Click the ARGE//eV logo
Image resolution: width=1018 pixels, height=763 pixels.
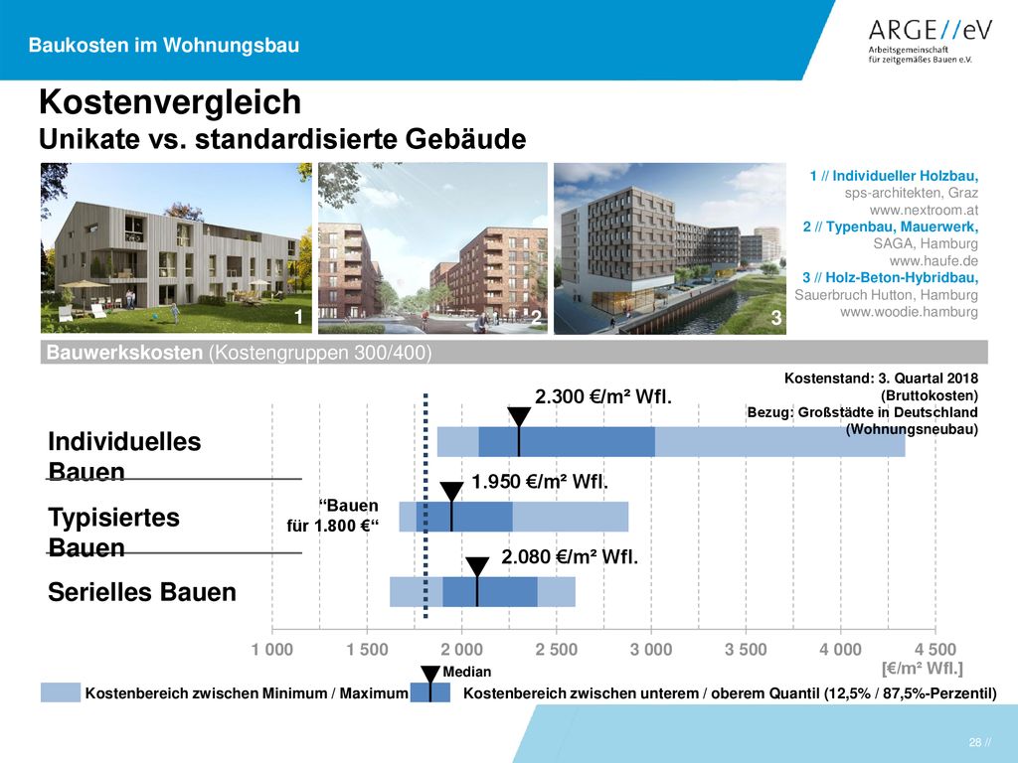[930, 40]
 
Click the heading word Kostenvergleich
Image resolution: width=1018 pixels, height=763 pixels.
[170, 102]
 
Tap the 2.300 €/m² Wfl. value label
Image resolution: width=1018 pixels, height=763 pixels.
[603, 395]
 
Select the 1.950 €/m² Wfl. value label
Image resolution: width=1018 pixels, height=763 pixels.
[540, 482]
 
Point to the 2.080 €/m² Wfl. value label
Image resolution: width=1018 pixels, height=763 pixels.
[570, 556]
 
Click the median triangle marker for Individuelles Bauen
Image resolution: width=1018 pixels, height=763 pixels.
[519, 416]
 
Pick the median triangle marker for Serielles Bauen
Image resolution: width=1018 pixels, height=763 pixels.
[477, 565]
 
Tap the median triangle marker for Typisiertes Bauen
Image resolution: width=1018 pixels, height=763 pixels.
[451, 491]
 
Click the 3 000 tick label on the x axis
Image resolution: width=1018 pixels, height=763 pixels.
[651, 650]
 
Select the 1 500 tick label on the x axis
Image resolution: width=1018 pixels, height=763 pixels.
[367, 650]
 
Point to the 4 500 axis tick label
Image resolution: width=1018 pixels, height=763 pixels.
[934, 650]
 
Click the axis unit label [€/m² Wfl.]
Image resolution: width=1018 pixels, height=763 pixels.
[922, 669]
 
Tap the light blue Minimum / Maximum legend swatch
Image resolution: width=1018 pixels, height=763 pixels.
[61, 692]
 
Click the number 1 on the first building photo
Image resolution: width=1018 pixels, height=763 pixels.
[298, 316]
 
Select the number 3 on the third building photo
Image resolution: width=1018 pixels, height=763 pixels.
[775, 317]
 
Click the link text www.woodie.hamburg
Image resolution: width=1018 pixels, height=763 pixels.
[909, 312]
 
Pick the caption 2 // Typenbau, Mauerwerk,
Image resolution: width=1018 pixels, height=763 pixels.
[890, 228]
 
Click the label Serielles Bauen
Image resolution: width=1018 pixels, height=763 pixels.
[142, 592]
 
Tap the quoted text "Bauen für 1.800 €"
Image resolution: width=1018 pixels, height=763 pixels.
[332, 516]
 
